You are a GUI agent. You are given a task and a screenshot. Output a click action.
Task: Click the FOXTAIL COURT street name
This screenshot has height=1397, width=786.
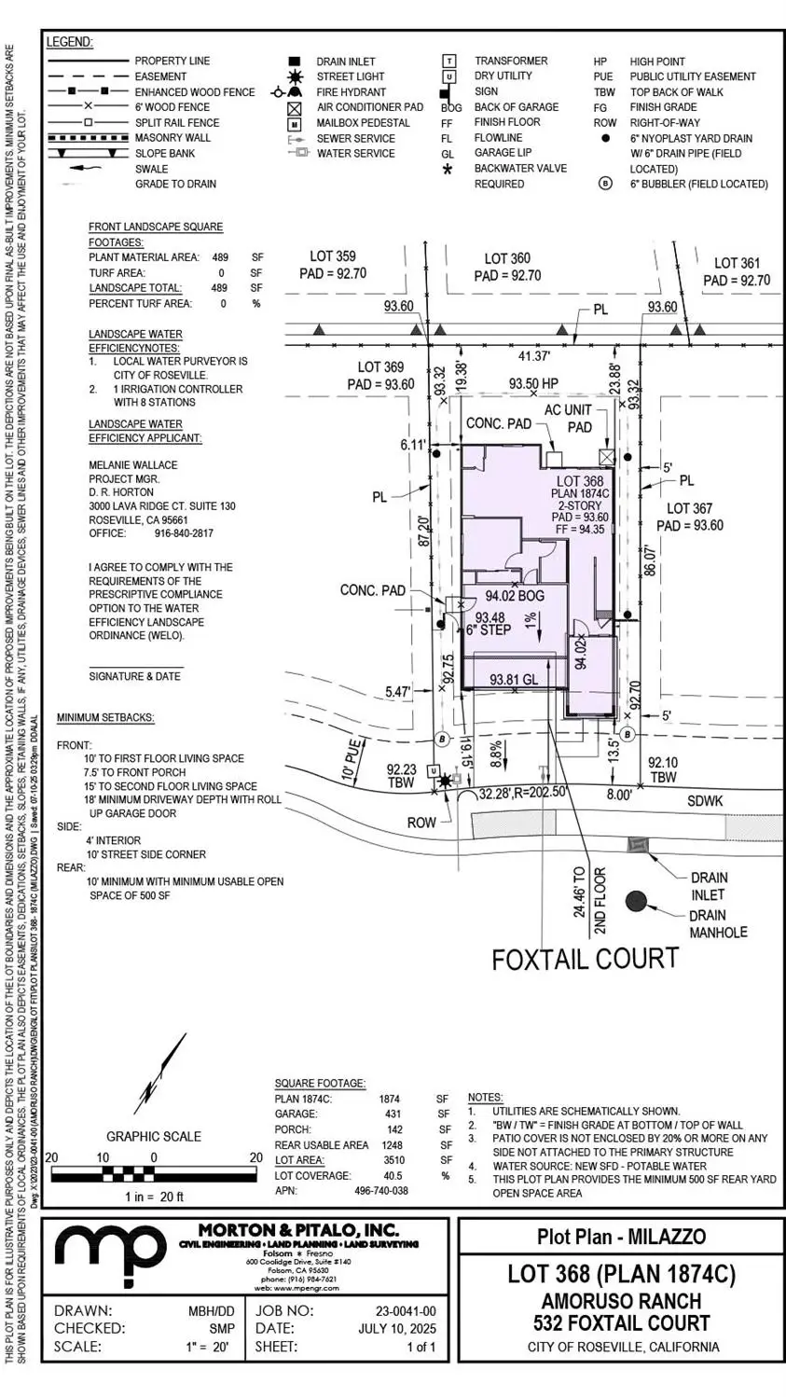pos(585,959)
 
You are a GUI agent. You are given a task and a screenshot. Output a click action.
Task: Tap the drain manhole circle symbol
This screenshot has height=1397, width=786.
pos(636,901)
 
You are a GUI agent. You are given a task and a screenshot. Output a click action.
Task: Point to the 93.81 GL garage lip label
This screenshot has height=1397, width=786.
pos(514,681)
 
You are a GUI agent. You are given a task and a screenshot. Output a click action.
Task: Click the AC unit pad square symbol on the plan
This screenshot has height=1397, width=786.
pos(608,457)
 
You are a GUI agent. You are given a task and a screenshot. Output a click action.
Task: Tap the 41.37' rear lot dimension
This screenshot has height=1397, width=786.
pos(534,355)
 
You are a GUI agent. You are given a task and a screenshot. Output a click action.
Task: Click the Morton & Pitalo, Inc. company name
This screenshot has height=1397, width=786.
pos(298,1230)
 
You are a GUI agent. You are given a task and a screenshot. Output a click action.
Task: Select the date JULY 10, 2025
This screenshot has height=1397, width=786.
pos(396,1328)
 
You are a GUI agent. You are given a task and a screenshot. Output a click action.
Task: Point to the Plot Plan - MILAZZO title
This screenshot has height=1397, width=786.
pos(621,1237)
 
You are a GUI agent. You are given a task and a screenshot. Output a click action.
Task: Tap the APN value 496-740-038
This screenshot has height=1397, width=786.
pos(380,1191)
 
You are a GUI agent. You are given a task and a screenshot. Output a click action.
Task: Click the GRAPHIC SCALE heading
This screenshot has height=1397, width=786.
pos(153,1136)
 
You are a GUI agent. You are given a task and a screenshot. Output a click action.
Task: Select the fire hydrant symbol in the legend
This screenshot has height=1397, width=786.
pos(287,92)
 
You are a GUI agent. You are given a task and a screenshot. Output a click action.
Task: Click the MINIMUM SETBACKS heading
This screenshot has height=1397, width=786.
pos(105,717)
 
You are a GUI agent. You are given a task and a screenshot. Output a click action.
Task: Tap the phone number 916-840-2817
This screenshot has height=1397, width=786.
pos(183,533)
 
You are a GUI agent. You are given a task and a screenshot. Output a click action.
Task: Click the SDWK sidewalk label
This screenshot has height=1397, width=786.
pos(706,801)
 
